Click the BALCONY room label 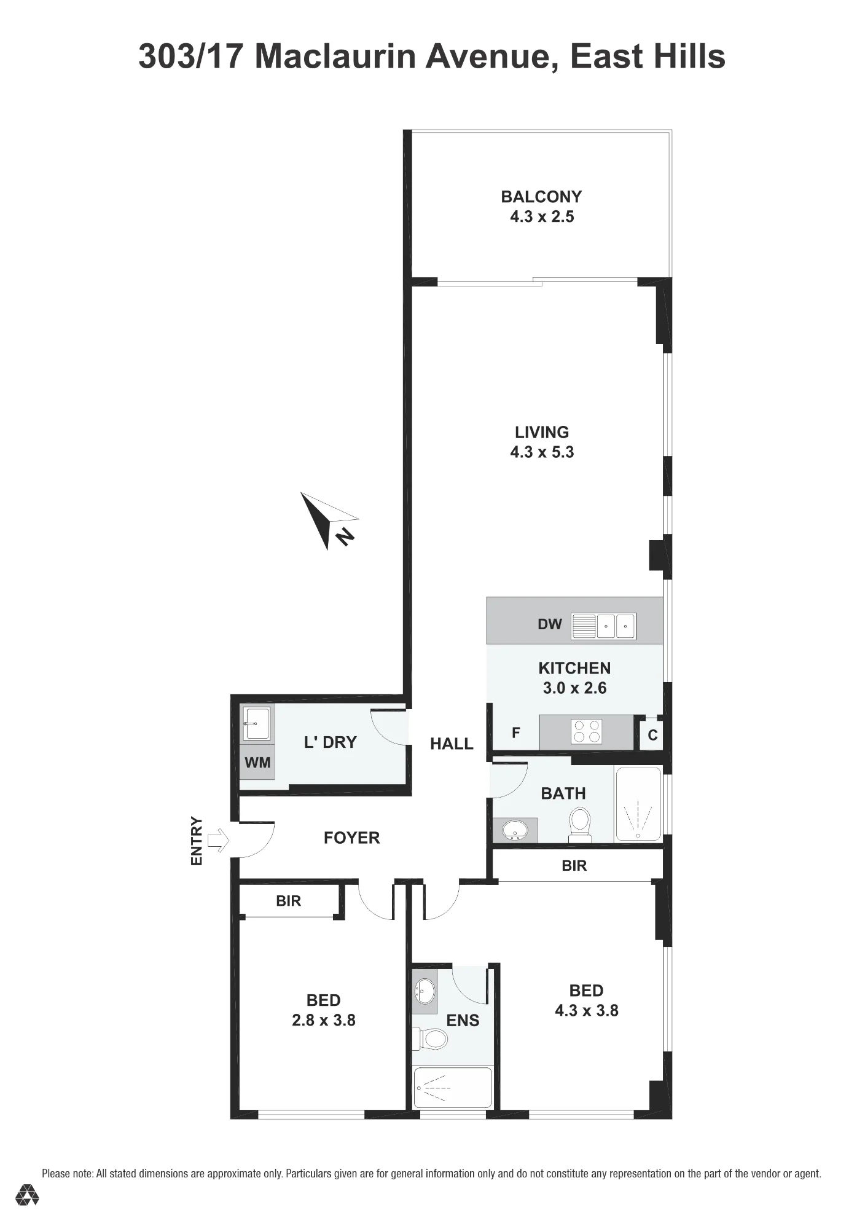tap(541, 197)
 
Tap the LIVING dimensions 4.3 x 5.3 tap(542, 452)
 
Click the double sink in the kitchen tap(616, 626)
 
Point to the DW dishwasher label tap(550, 624)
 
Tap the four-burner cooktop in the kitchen tap(586, 732)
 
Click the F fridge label tap(516, 732)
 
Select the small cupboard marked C tap(652, 734)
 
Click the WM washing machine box tap(257, 763)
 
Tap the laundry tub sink tap(257, 724)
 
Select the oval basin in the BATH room tap(515, 831)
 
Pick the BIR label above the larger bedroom tap(574, 866)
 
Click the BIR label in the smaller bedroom tap(288, 901)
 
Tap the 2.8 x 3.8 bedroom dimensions tap(324, 1020)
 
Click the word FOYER tap(352, 838)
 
